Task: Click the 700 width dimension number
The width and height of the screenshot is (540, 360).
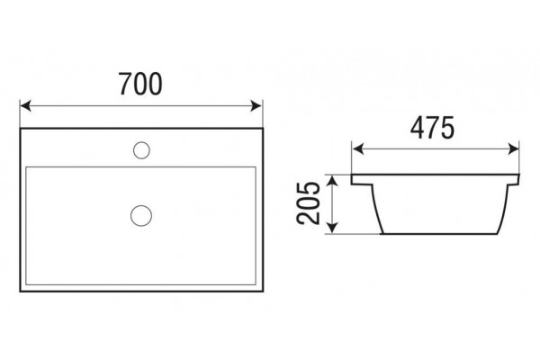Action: [140, 84]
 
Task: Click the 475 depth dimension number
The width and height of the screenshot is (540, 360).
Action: [432, 128]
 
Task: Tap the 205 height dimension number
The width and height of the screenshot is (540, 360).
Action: [308, 203]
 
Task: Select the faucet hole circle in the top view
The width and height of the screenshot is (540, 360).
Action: [141, 150]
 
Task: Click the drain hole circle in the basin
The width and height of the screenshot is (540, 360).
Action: [141, 216]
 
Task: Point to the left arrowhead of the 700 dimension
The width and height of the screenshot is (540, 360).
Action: [25, 106]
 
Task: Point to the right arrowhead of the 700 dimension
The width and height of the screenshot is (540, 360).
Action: [256, 106]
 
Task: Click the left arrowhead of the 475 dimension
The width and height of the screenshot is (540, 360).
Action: [357, 149]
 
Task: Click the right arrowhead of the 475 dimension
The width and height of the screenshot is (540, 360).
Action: [513, 149]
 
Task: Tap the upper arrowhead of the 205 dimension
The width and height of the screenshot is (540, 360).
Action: [331, 181]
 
